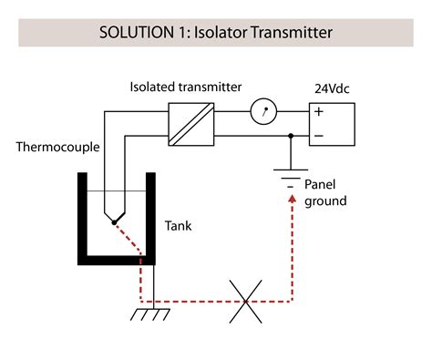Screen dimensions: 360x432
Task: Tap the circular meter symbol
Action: pos(262,113)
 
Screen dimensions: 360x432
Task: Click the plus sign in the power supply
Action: pos(318,112)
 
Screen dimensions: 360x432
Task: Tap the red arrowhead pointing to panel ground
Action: pos(291,199)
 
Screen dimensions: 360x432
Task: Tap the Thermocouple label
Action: pos(57,147)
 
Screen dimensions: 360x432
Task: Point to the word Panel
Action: pos(320,184)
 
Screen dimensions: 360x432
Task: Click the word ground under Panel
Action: pos(324,201)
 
